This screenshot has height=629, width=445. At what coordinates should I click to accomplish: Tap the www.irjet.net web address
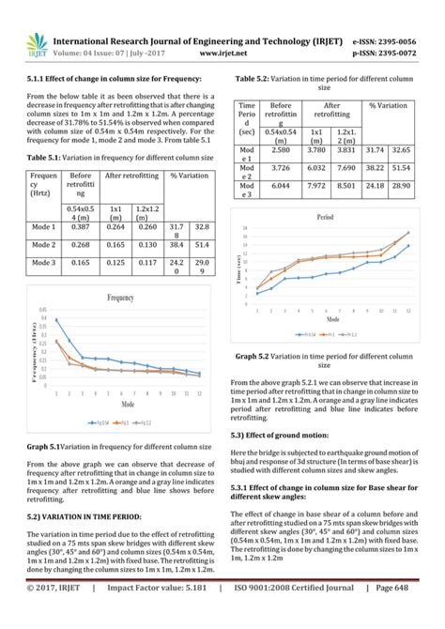[216, 54]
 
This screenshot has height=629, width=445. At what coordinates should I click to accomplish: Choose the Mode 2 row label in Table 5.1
[44, 244]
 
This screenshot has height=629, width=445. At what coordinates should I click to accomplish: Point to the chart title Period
[325, 216]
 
